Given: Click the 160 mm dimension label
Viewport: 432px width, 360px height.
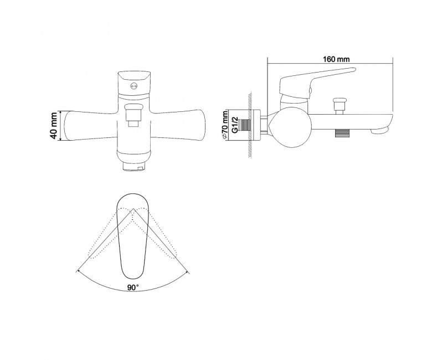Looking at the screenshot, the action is point(336,59).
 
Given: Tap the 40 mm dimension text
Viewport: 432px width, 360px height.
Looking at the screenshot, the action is point(54,126).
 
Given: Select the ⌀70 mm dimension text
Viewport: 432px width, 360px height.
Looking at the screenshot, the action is point(225,125).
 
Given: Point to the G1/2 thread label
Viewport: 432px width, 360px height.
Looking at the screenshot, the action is point(234,125).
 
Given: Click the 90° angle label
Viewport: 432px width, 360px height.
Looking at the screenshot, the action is point(133,287).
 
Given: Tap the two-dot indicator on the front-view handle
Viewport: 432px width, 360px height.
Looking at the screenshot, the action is point(134,86).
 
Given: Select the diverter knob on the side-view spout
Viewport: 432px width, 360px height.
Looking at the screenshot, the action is point(338,105).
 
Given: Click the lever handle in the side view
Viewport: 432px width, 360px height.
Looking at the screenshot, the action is point(317,82).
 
